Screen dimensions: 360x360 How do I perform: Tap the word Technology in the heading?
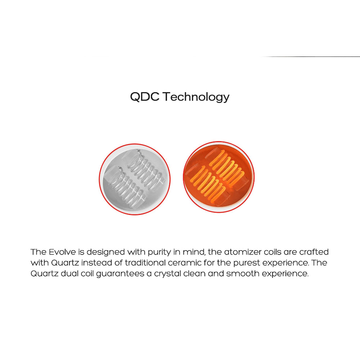(196, 97)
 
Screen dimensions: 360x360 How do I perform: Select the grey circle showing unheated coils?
(135, 179)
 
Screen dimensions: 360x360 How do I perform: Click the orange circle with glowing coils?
(219, 177)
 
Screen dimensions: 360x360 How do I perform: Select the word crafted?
(314, 252)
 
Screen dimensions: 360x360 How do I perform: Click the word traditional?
(145, 262)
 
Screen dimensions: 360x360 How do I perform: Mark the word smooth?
(242, 273)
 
